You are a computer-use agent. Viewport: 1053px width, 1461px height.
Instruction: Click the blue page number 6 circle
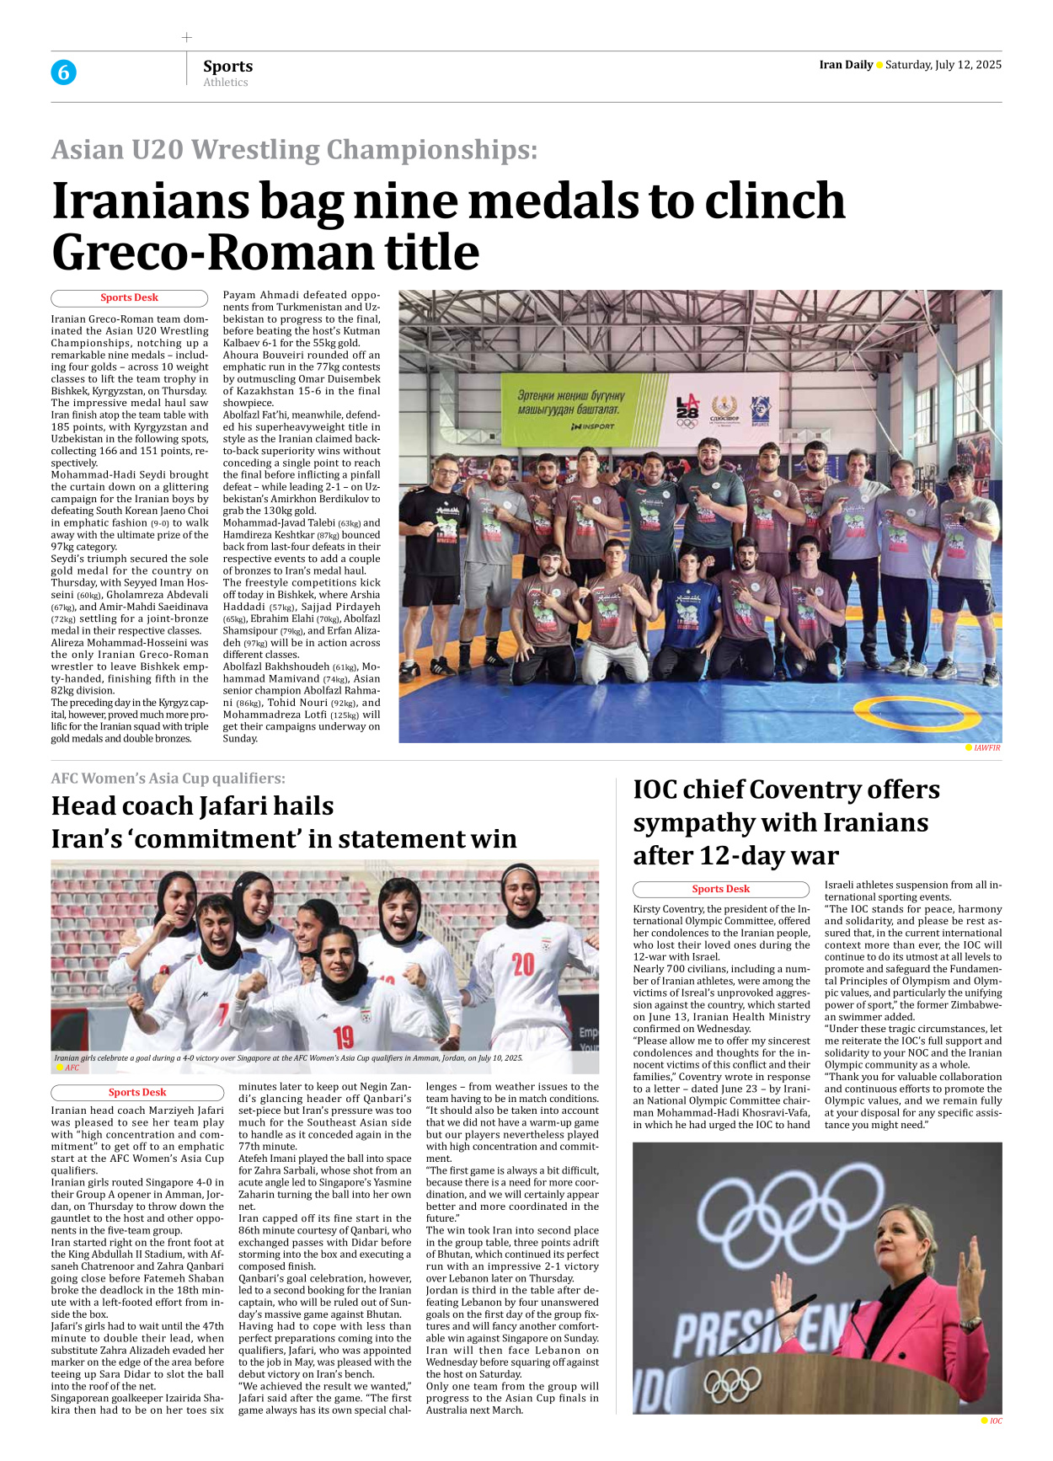click(63, 72)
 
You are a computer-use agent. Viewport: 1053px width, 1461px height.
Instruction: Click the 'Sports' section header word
click(227, 66)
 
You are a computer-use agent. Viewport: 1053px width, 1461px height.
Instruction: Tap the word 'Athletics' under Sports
click(225, 83)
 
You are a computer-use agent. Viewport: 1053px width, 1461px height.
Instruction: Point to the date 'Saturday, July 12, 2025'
click(943, 65)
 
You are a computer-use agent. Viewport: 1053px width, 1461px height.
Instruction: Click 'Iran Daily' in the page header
click(845, 65)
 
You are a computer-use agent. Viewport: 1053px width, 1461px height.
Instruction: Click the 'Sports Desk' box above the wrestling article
click(129, 298)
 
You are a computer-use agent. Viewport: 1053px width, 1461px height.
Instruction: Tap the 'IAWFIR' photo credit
click(986, 748)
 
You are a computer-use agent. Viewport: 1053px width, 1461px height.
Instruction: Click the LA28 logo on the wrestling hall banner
click(687, 411)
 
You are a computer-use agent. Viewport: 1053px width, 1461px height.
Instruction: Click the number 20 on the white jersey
click(523, 964)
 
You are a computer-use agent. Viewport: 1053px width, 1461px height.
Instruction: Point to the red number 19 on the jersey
click(344, 1036)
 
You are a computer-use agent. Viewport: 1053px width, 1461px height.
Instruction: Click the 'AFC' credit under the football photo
click(72, 1068)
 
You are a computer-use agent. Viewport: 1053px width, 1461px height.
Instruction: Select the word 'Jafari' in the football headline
click(291, 806)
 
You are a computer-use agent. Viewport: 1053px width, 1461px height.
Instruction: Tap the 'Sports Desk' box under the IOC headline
click(720, 889)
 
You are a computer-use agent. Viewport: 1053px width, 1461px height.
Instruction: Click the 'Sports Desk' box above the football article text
click(137, 1093)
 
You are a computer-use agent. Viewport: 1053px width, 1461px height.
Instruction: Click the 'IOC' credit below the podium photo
click(996, 1421)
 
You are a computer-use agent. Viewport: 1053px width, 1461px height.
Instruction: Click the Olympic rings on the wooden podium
click(732, 1383)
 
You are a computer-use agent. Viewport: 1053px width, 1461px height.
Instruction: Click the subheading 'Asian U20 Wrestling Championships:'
click(294, 149)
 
